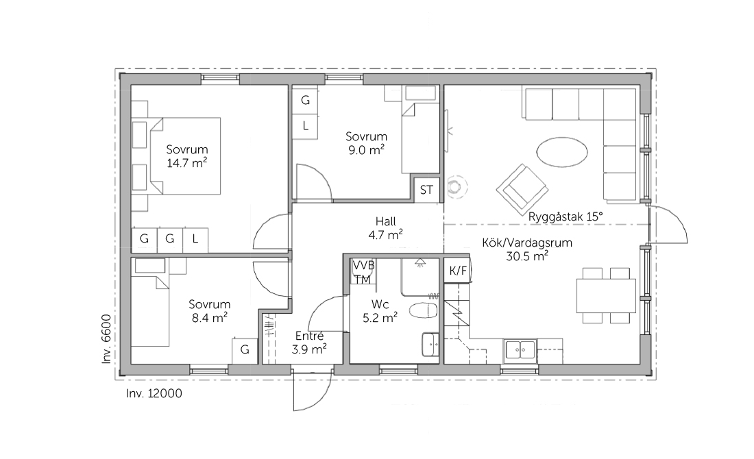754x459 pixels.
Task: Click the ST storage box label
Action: coord(426,190)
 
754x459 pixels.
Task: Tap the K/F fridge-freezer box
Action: coord(458,271)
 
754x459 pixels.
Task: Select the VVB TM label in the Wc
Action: coord(363,272)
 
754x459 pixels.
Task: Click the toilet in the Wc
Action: coord(423,310)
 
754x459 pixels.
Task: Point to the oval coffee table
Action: coord(561,152)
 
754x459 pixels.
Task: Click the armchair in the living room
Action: coord(522,190)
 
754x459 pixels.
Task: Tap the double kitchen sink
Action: coord(520,349)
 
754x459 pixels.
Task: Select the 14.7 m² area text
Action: coord(187,163)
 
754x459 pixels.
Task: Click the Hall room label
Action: coord(386,221)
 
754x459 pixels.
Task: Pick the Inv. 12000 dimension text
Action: coord(154,394)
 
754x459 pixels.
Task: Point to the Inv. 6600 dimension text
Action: coord(107,339)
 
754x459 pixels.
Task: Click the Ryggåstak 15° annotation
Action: coord(565,216)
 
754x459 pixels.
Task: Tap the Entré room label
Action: coord(309,336)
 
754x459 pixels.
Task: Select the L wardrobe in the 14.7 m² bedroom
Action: coord(195,239)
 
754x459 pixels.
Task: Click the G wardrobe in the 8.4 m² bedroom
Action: coord(245,350)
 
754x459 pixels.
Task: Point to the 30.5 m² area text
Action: coord(527,256)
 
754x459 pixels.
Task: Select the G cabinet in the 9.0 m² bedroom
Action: coord(305,101)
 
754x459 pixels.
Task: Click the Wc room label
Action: coord(380,304)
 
